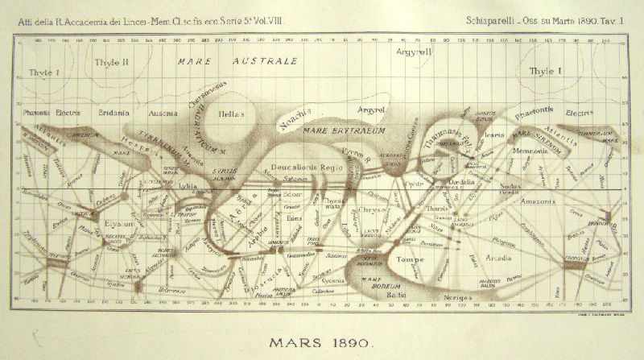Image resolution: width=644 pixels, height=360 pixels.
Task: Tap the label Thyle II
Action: pyautogui.click(x=106, y=62)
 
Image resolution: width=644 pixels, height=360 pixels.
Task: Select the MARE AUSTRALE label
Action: pyautogui.click(x=238, y=61)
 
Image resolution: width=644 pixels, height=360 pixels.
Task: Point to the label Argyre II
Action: pyautogui.click(x=415, y=52)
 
